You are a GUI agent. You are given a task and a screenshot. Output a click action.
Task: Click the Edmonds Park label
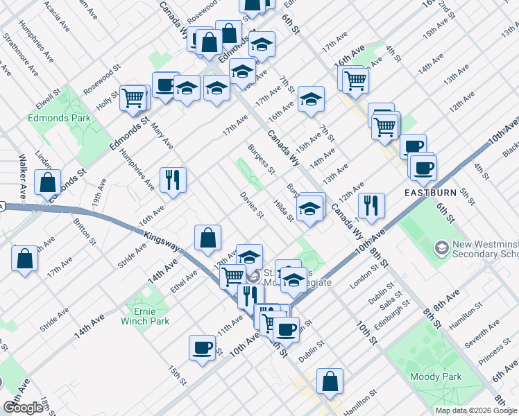point(60,119)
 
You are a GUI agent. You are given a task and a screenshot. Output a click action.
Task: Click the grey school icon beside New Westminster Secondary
point(441,248)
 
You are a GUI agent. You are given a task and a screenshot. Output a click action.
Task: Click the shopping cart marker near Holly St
point(133,97)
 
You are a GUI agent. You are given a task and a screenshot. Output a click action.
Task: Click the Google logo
point(24,407)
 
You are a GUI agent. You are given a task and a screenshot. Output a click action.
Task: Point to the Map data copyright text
point(476,410)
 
